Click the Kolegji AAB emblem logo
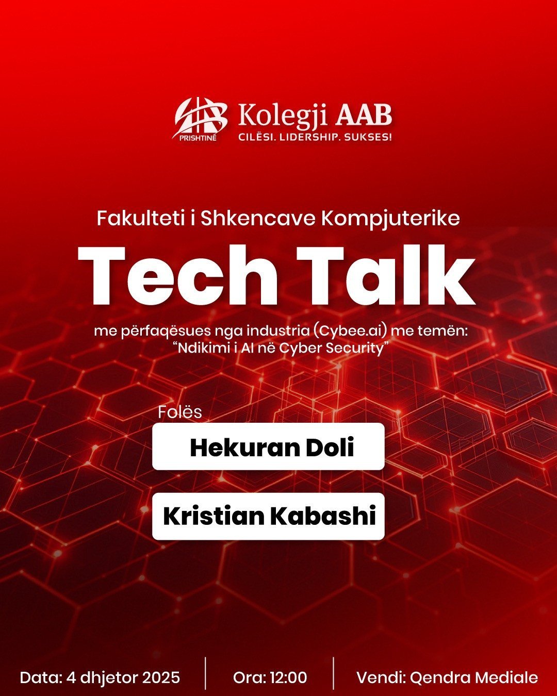[x=200, y=119]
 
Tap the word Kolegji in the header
[x=283, y=116]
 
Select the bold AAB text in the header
[x=364, y=116]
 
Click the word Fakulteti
[x=133, y=219]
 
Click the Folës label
[x=180, y=412]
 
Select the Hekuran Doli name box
[x=268, y=446]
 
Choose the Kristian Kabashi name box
[x=268, y=516]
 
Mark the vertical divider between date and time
[x=205, y=673]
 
